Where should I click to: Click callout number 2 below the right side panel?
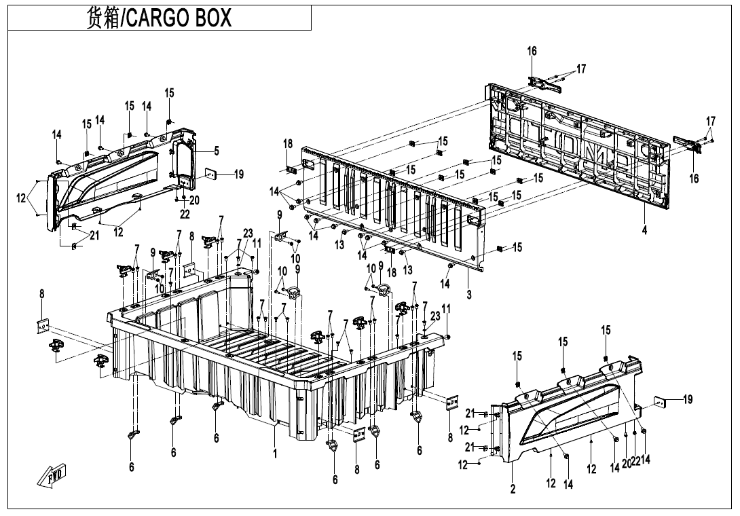(x=513, y=488)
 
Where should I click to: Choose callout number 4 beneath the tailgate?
(x=644, y=230)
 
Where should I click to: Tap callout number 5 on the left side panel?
(x=217, y=150)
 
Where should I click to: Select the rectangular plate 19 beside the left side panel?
(x=211, y=174)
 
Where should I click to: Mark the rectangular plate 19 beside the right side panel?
(x=661, y=401)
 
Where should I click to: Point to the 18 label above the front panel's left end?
(x=288, y=144)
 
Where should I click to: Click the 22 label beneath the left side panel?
(x=185, y=215)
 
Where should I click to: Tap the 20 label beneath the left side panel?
(x=194, y=200)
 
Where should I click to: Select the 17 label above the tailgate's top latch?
(x=581, y=69)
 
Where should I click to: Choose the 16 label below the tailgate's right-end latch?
(x=694, y=179)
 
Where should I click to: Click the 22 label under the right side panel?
(x=636, y=462)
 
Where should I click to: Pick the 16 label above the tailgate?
(x=532, y=51)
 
